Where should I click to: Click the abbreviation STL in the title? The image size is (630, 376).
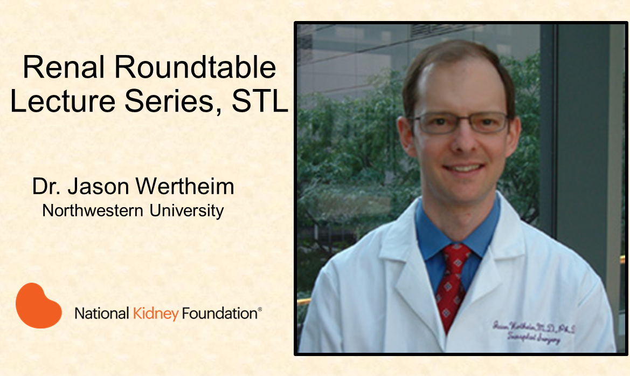coord(260,102)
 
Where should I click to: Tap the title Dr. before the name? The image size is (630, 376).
coord(45,187)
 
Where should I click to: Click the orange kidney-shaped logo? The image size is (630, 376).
coord(38,305)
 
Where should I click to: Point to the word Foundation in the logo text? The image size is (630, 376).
coord(219,313)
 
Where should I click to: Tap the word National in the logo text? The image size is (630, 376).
coord(101,313)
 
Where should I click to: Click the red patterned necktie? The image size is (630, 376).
coord(453,281)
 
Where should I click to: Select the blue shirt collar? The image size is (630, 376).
coord(431,237)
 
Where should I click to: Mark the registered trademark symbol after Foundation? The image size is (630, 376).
coord(260,309)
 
